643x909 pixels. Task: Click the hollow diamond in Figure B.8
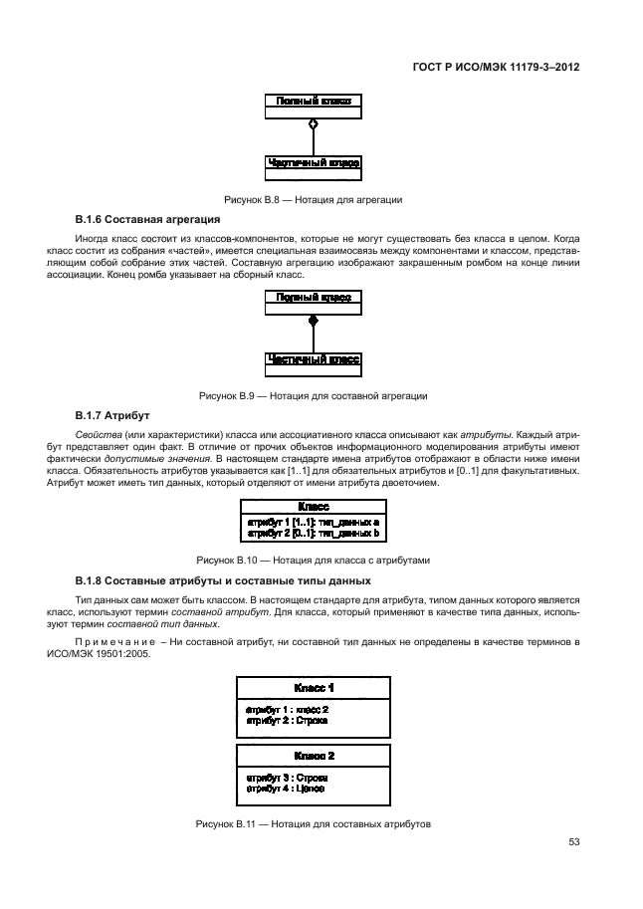pyautogui.click(x=313, y=123)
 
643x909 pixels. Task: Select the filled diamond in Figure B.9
pyautogui.click(x=313, y=321)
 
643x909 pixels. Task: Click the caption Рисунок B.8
pyautogui.click(x=314, y=200)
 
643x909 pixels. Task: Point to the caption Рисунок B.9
pyautogui.click(x=314, y=396)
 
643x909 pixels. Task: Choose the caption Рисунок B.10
pyautogui.click(x=314, y=561)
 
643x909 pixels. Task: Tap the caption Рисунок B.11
pyautogui.click(x=314, y=822)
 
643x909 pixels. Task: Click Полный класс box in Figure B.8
pyautogui.click(x=313, y=102)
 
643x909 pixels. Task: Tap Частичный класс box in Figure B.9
pyautogui.click(x=313, y=358)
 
